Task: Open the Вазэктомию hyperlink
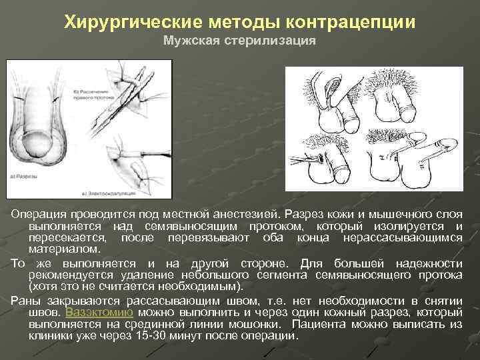point(99,311)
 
